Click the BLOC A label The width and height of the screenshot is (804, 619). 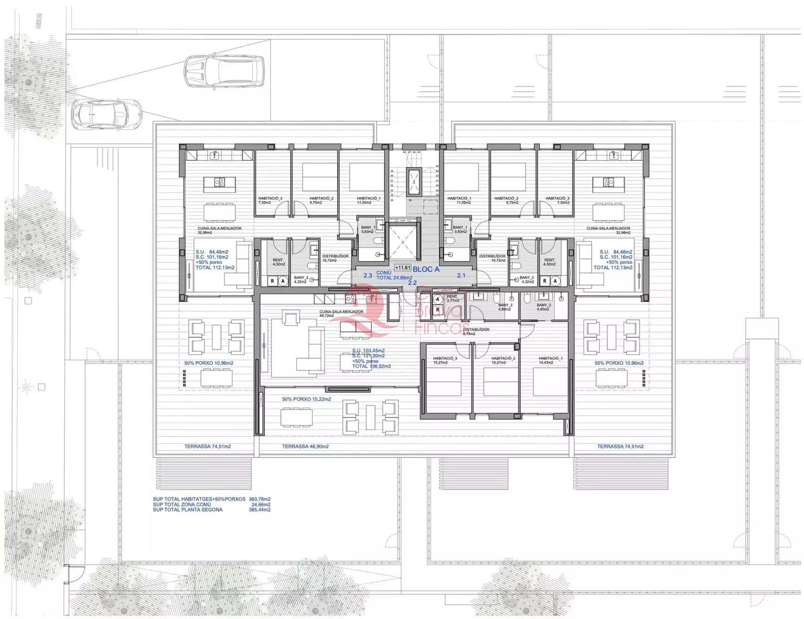pyautogui.click(x=426, y=269)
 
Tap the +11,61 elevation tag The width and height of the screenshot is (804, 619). pyautogui.click(x=403, y=267)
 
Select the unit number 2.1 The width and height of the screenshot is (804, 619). pyautogui.click(x=461, y=275)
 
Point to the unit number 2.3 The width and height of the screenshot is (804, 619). pyautogui.click(x=367, y=275)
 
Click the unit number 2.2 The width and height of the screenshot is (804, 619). pyautogui.click(x=412, y=283)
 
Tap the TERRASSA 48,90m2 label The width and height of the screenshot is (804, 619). pyautogui.click(x=305, y=447)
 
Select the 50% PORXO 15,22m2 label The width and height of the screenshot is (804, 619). pyautogui.click(x=306, y=399)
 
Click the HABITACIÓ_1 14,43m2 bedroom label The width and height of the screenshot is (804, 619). pyautogui.click(x=550, y=360)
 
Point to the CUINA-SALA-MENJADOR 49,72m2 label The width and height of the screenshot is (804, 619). pyautogui.click(x=341, y=314)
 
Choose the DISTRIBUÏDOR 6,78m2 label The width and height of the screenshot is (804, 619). pyautogui.click(x=476, y=331)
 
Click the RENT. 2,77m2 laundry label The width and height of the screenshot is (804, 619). pyautogui.click(x=452, y=298)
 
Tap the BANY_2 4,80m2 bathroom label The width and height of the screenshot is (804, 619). pyautogui.click(x=505, y=307)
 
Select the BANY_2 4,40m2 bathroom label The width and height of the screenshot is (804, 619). pyautogui.click(x=544, y=307)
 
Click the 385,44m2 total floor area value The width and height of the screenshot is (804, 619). pyautogui.click(x=260, y=510)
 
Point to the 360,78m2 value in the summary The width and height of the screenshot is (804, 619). pyautogui.click(x=260, y=499)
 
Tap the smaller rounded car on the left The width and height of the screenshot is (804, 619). pyautogui.click(x=106, y=114)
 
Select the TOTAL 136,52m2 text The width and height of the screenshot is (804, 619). pyautogui.click(x=371, y=366)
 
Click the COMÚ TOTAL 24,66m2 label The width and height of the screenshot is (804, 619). pyautogui.click(x=394, y=275)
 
